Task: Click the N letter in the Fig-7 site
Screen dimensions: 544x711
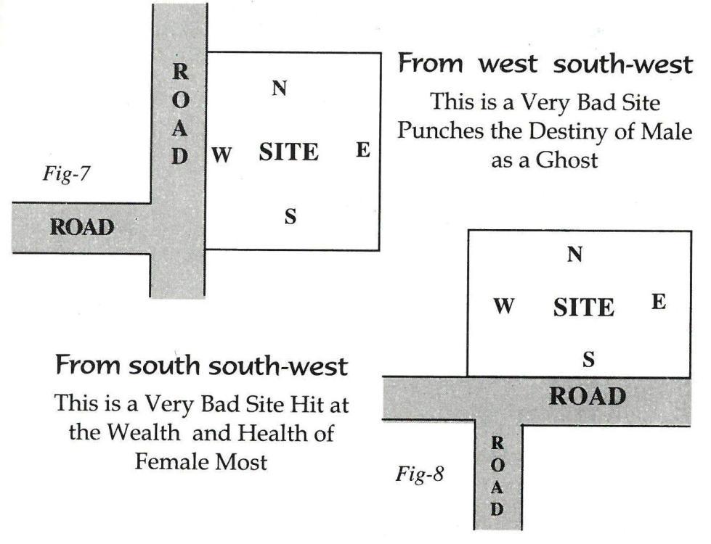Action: (280, 88)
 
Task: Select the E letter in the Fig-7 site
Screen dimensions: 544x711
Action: (363, 150)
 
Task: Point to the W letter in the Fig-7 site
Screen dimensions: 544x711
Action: (222, 154)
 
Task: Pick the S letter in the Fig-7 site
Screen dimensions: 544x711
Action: (290, 217)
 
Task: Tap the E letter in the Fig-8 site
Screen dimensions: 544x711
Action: (658, 302)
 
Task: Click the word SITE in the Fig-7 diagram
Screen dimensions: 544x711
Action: (288, 153)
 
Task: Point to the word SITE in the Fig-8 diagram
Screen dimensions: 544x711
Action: (583, 308)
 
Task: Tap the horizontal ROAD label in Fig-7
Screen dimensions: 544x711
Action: (81, 227)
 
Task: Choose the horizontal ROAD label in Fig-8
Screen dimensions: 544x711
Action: (587, 396)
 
